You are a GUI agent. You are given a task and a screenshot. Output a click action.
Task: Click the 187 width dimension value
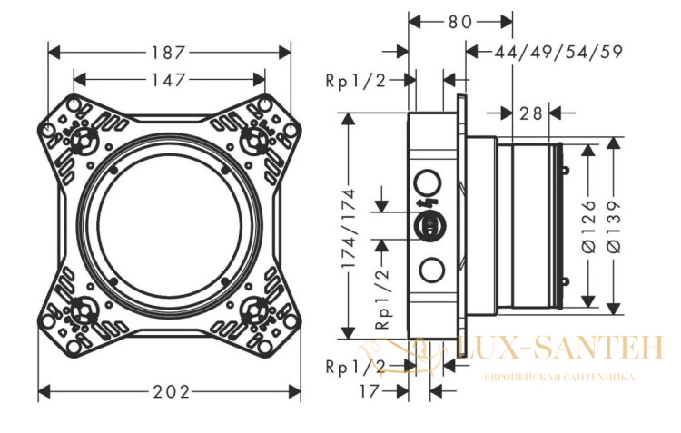168,53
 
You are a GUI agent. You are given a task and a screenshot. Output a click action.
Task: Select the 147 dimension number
168,81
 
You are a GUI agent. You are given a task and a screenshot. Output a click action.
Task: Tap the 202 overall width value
171,392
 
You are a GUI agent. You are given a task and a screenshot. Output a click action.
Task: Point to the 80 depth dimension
460,22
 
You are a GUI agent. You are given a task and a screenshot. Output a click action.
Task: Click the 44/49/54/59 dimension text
559,52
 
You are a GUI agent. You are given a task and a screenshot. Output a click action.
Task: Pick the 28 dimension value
531,113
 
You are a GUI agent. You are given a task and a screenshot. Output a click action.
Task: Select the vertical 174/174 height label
349,228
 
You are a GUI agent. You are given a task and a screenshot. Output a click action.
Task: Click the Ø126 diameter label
589,226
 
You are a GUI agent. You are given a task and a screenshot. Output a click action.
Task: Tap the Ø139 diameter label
614,226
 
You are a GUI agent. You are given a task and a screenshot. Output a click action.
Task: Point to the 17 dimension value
370,391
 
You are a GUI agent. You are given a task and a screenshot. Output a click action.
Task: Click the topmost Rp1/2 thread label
356,81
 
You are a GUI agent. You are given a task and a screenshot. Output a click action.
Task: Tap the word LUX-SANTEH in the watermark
560,348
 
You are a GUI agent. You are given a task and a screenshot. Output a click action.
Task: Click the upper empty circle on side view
428,182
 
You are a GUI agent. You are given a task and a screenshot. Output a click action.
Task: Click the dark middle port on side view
429,226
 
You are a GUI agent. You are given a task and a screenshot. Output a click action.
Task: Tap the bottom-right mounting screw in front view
254,309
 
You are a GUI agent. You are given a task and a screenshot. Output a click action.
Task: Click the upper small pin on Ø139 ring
566,171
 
